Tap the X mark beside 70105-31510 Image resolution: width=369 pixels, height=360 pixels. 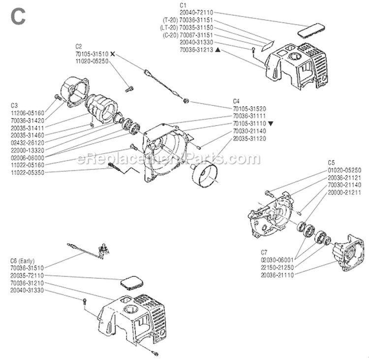113,53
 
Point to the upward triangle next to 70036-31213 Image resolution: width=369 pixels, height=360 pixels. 217,50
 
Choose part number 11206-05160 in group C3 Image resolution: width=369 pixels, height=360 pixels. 27,113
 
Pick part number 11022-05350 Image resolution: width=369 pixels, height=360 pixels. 27,172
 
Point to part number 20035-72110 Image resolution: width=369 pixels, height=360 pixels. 27,276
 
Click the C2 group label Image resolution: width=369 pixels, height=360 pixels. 78,46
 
